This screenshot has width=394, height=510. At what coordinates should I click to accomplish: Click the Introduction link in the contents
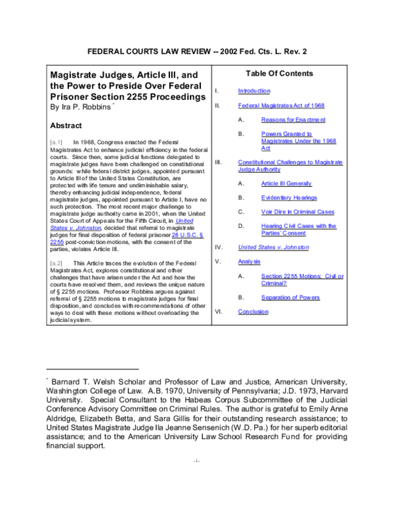253,91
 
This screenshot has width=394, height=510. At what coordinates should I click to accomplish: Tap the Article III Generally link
286,183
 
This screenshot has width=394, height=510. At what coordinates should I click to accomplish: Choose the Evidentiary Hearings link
289,197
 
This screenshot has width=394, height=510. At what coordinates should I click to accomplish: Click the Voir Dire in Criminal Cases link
297,212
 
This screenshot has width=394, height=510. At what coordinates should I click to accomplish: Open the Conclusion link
253,312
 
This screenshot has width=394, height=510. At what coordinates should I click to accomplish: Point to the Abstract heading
70,126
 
